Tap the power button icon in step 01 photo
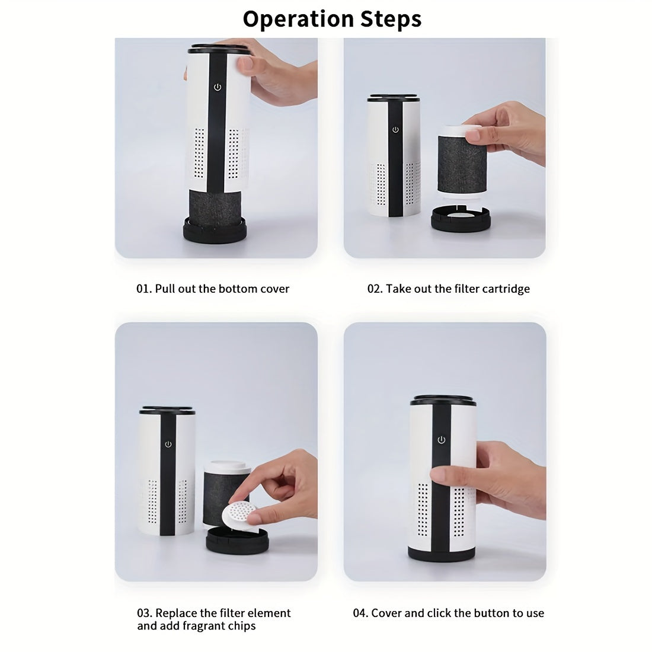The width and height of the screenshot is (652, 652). [218, 87]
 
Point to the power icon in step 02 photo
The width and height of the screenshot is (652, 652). [395, 130]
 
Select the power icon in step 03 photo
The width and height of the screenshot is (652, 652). [168, 444]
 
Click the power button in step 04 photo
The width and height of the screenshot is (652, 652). [441, 439]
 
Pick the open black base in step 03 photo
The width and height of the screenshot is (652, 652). [236, 541]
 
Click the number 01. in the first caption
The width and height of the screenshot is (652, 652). [144, 289]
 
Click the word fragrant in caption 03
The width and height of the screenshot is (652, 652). [188, 626]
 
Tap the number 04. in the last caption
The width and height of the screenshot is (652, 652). [360, 613]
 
